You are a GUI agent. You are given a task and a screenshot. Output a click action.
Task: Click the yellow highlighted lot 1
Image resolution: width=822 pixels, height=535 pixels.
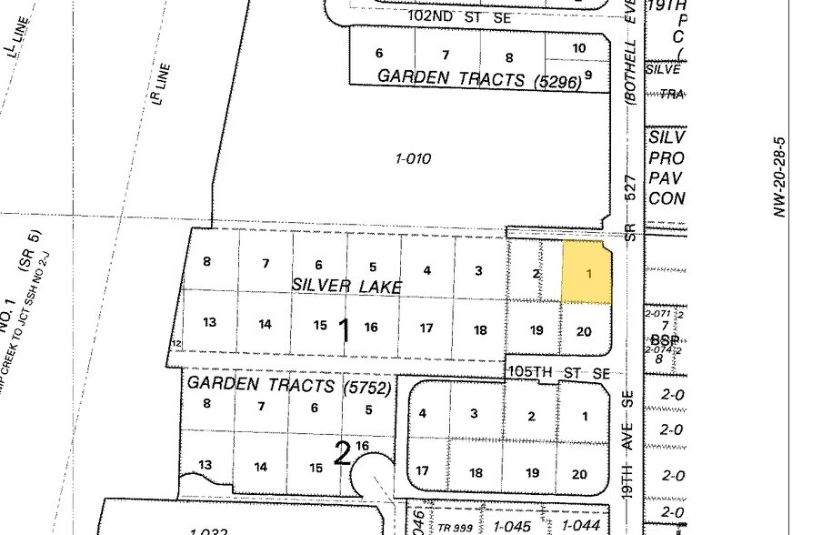[587, 273]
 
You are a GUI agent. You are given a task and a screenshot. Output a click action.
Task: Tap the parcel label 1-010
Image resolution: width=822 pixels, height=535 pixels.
[413, 159]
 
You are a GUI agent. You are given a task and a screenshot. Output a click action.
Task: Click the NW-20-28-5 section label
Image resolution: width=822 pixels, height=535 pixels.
[779, 177]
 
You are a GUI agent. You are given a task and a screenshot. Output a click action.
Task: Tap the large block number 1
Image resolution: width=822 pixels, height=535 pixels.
[344, 331]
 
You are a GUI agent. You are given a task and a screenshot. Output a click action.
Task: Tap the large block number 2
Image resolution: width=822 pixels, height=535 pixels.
[342, 452]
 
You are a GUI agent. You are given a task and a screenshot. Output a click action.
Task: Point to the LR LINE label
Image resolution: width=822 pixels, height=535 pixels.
[162, 83]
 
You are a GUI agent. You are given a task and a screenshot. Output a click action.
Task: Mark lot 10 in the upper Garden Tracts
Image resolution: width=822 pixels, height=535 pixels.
[579, 48]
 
